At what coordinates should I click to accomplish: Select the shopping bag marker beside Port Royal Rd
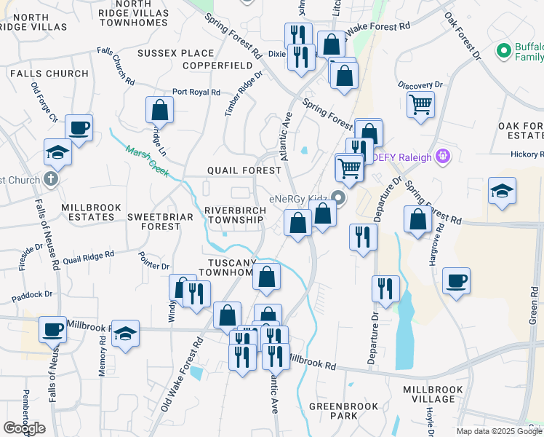159,110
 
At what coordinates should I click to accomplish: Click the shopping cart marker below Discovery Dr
420,104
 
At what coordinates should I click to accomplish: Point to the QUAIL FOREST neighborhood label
244,170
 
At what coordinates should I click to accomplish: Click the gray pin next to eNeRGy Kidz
337,197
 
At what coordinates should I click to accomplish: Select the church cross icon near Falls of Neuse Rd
50,178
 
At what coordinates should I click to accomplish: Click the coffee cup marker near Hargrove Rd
456,280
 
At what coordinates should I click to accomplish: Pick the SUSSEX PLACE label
175,53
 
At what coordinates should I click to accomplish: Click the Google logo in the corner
24,428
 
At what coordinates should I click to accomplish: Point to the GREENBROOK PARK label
334,411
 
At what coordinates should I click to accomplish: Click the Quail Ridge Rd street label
89,256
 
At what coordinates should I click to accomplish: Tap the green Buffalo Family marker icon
502,51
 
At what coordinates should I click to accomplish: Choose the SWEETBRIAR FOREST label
153,221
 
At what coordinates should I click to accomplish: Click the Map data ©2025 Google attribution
499,431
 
